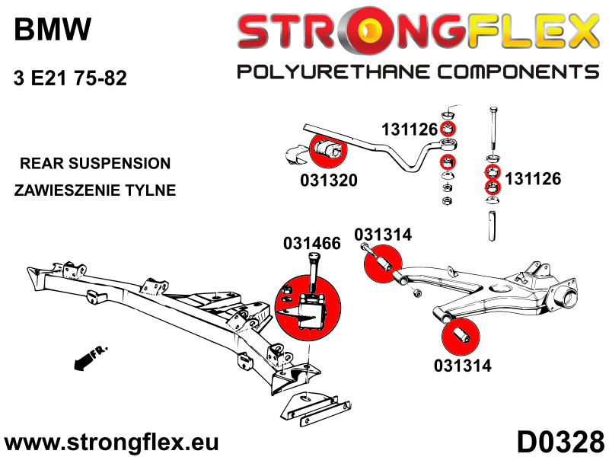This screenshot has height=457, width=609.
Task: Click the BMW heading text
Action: click(53, 29)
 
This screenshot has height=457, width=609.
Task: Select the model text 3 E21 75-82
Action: click(70, 78)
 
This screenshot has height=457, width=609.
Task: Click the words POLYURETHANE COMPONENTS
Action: click(418, 72)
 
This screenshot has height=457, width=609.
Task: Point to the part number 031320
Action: click(329, 181)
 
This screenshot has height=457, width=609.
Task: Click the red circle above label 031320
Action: click(328, 149)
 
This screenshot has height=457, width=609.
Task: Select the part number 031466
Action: click(312, 243)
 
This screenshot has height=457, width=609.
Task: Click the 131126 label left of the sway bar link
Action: click(410, 129)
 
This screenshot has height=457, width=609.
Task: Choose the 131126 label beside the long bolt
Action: click(533, 179)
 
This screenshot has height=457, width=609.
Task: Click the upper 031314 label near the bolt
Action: click(383, 235)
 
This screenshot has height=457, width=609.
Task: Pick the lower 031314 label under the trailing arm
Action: click(463, 366)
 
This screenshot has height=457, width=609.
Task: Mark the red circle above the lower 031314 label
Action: click(461, 337)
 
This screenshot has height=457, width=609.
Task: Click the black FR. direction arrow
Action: click(90, 357)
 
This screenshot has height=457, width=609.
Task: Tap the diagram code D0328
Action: click(560, 443)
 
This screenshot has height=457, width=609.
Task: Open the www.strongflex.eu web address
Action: click(111, 443)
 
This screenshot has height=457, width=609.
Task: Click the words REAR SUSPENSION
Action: click(95, 163)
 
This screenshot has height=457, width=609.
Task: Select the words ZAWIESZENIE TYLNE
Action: click(95, 190)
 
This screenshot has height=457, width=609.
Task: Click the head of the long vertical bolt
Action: click(494, 110)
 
